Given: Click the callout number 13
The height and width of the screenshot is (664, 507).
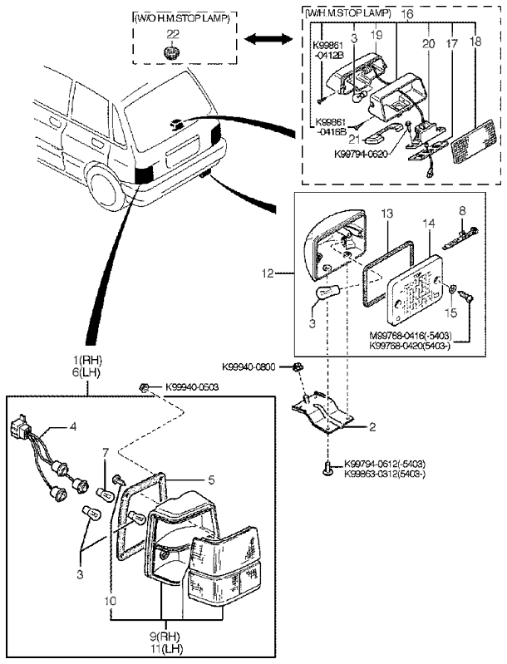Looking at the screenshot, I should pyautogui.click(x=386, y=214).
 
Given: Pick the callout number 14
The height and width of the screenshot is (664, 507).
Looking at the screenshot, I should pyautogui.click(x=429, y=224).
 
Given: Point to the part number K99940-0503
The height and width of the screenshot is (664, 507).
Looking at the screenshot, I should pyautogui.click(x=192, y=387).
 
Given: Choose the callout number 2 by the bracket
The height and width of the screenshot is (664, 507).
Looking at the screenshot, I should pyautogui.click(x=372, y=427).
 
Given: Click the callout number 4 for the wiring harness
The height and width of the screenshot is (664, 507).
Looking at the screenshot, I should pyautogui.click(x=73, y=426).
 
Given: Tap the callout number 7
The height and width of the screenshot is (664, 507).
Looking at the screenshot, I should pyautogui.click(x=105, y=453).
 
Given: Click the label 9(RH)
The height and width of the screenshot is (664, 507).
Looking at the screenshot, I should pyautogui.click(x=165, y=637).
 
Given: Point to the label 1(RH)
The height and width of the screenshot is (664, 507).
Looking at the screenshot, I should pyautogui.click(x=89, y=362).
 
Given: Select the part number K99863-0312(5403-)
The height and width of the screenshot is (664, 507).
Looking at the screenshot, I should pyautogui.click(x=384, y=474).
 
